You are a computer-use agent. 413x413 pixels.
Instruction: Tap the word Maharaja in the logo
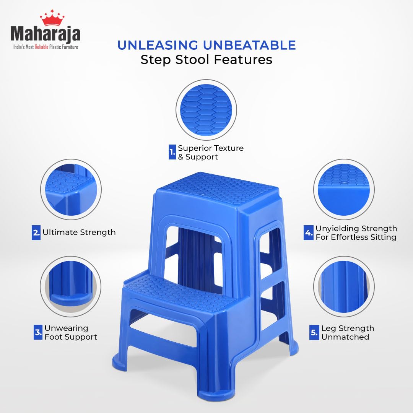pyautogui.click(x=46, y=34)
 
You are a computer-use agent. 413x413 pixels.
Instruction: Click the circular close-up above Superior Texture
pyautogui.click(x=206, y=110)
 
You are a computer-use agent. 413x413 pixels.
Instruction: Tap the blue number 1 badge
pyautogui.click(x=172, y=152)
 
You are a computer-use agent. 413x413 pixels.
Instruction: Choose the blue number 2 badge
pyautogui.click(x=36, y=232)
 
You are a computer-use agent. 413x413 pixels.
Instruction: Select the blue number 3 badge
pyautogui.click(x=38, y=332)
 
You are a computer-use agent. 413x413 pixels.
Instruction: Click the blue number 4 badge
pyautogui.click(x=308, y=233)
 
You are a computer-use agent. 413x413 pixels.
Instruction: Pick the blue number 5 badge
pyautogui.click(x=314, y=332)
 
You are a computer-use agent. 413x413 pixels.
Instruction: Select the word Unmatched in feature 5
pyautogui.click(x=345, y=337)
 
